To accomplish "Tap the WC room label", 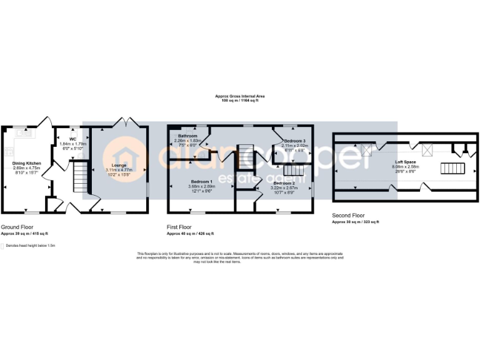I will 72,139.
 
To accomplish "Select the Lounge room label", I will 119,165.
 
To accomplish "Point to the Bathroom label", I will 187,136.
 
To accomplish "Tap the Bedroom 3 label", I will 294,141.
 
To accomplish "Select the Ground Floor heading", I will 17,227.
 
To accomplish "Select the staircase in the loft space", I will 453,168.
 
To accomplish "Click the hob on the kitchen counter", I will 7,150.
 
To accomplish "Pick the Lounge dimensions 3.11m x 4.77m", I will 119,169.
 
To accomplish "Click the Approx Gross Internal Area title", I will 240,96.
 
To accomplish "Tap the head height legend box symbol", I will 2,246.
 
